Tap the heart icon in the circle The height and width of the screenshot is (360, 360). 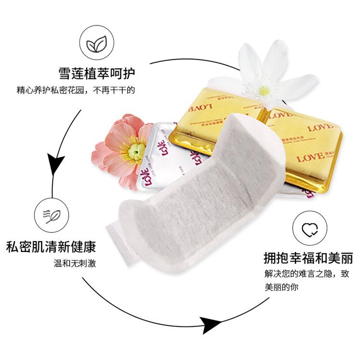[308, 230]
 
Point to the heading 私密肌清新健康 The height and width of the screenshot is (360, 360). [51, 247]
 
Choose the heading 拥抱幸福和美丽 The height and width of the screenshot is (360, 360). [308, 259]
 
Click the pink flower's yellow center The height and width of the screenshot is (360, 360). [136, 151]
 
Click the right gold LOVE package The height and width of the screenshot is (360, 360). [307, 144]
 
